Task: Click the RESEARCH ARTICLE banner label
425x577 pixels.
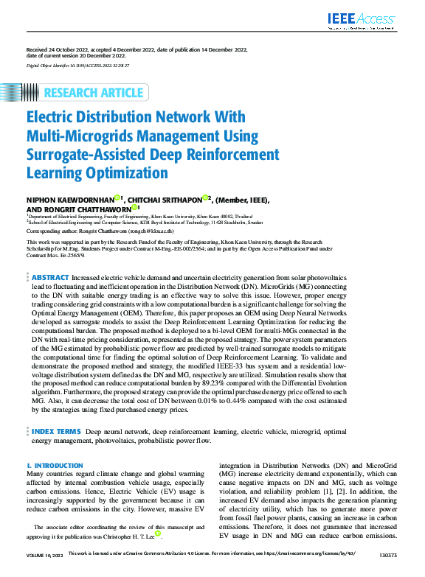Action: pos(94,92)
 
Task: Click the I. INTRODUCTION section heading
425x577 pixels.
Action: pos(55,466)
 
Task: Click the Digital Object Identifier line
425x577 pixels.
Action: pos(77,66)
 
